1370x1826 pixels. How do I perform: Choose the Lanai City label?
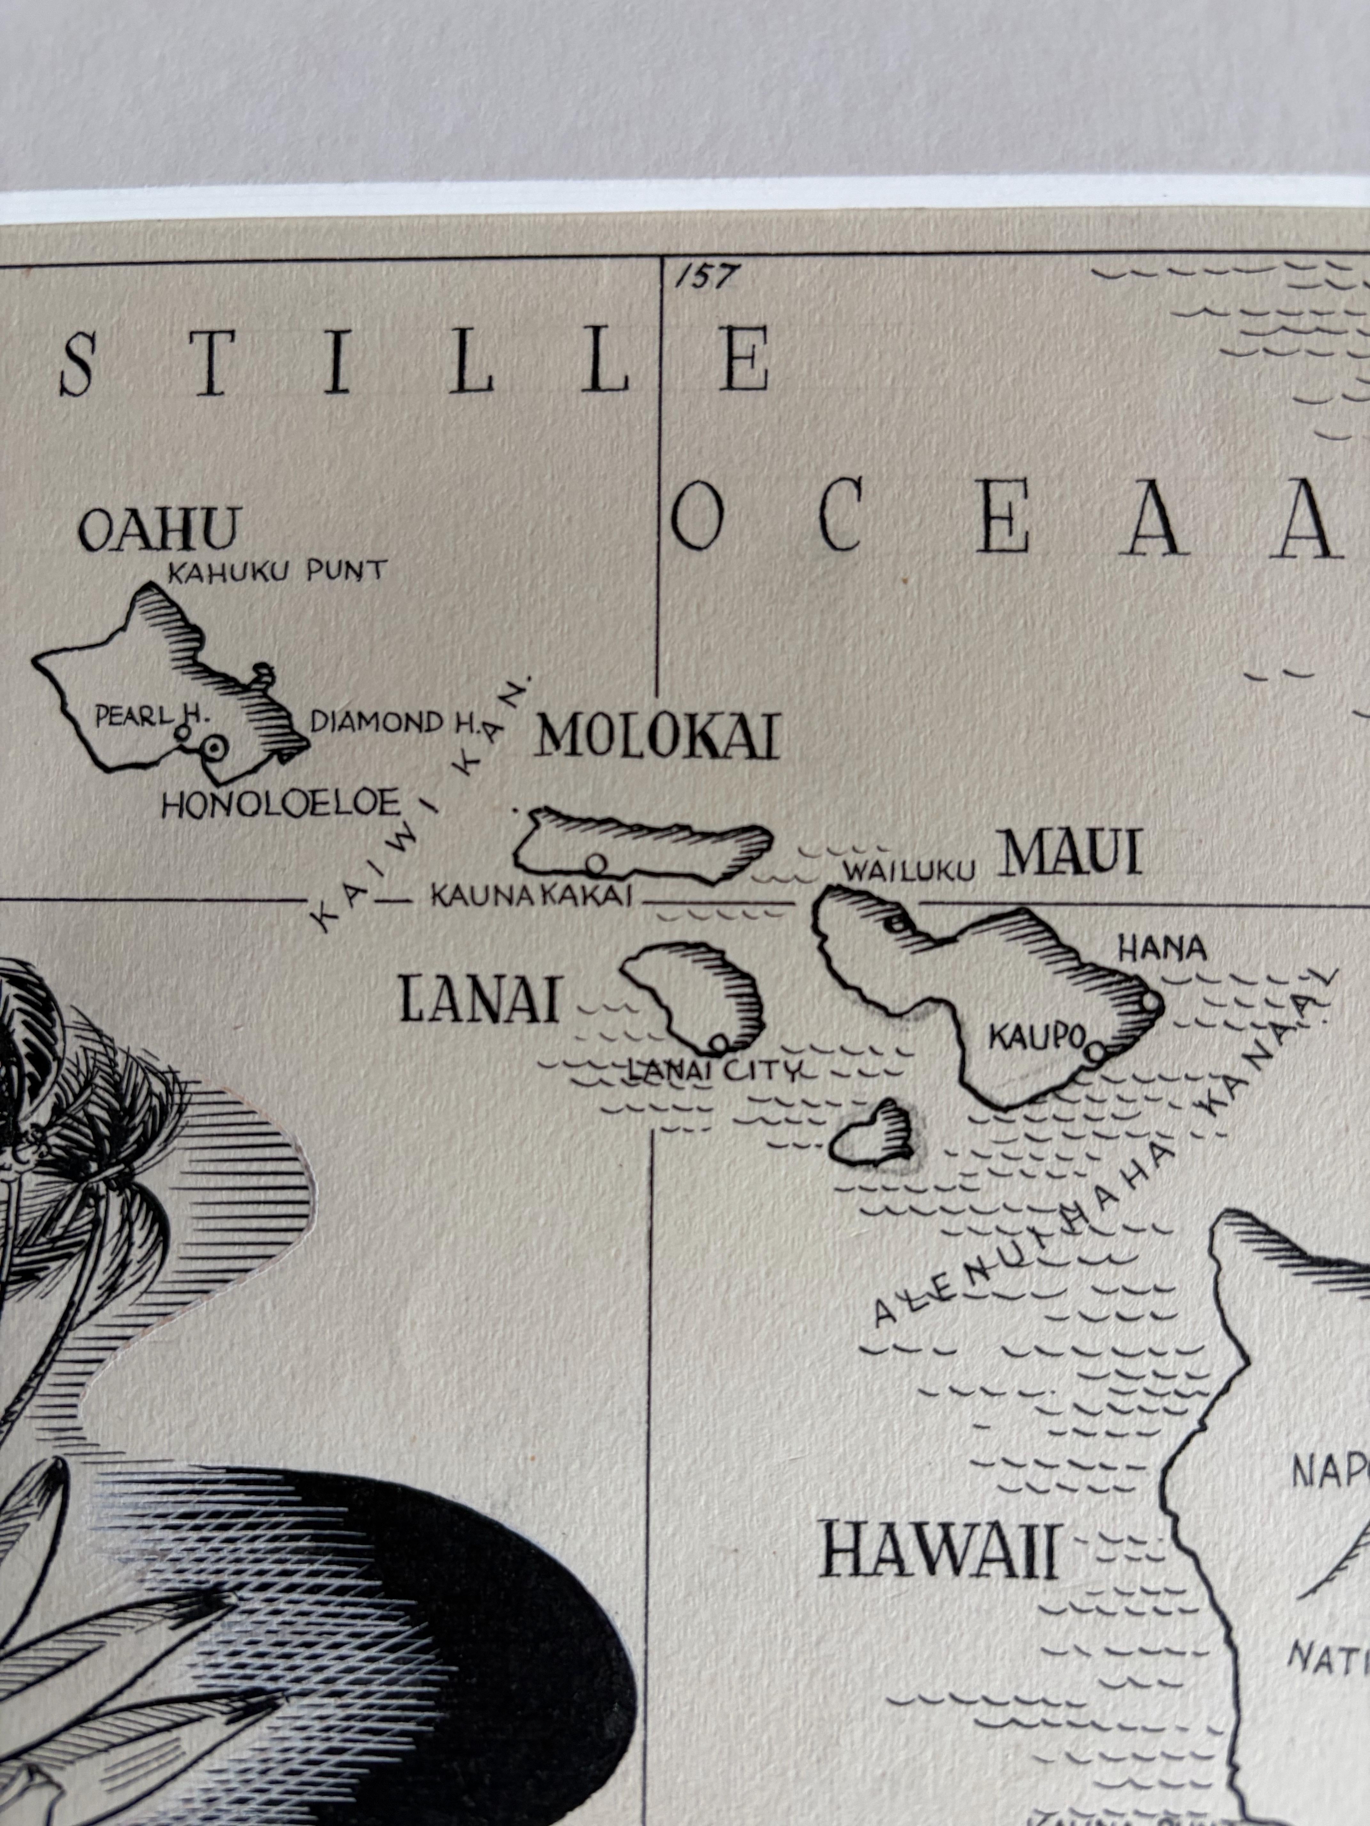pos(715,1072)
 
